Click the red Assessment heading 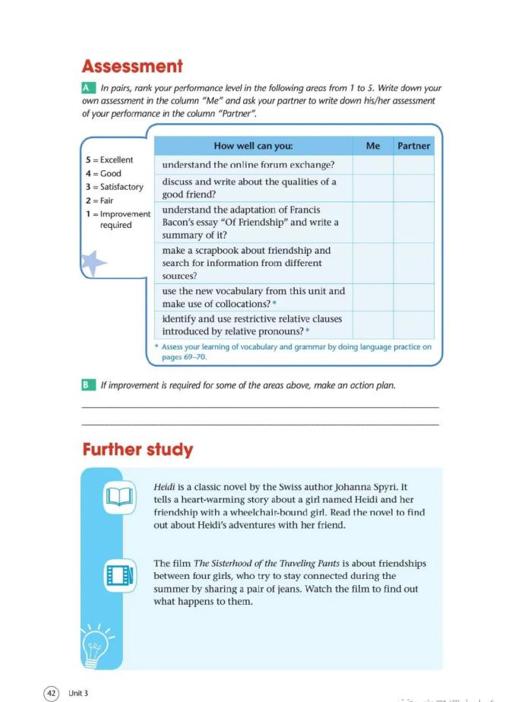click(132, 66)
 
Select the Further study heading click(138, 449)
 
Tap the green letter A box click(88, 89)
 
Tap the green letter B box click(88, 385)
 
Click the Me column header click(372, 146)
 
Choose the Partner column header click(413, 146)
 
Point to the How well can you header click(253, 146)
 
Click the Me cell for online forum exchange click(372, 165)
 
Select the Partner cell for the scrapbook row click(413, 263)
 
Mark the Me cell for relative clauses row click(372, 325)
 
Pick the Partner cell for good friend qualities click(413, 188)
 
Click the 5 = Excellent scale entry click(109, 160)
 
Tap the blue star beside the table click(93, 263)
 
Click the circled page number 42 click(51, 693)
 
